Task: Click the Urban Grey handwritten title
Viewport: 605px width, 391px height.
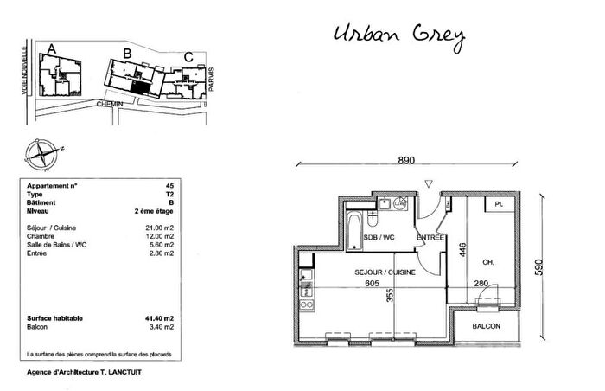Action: (x=399, y=35)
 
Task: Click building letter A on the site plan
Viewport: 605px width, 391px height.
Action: (x=52, y=49)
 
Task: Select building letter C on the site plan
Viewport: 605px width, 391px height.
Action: (x=188, y=59)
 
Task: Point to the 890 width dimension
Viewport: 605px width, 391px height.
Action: (x=407, y=160)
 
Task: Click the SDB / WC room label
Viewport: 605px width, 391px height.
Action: (x=378, y=238)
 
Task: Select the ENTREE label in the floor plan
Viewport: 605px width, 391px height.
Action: (x=430, y=238)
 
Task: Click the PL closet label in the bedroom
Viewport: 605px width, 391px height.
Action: (x=498, y=205)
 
